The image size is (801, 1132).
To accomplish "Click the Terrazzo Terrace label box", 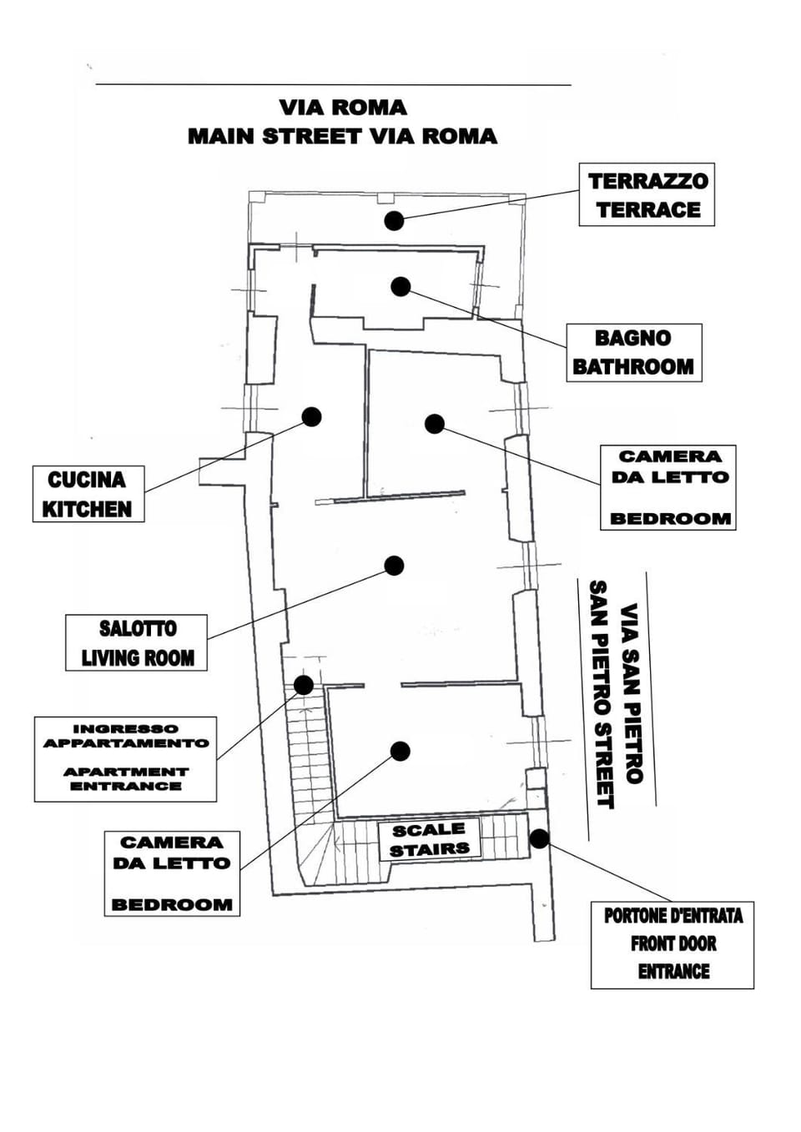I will click(x=647, y=194).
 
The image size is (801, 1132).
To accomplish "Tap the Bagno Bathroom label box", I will click(x=633, y=353).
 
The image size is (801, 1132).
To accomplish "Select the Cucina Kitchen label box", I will click(x=88, y=494).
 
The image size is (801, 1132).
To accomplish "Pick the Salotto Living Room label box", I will click(x=136, y=642).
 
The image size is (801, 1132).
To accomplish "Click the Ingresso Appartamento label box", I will click(x=125, y=758).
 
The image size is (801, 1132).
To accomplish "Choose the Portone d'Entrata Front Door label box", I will click(x=672, y=944).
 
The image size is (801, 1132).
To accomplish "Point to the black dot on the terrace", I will click(x=394, y=220).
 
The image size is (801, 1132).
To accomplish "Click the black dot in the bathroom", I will click(x=400, y=286).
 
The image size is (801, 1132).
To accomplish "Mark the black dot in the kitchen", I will click(x=311, y=416).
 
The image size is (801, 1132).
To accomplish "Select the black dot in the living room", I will click(x=394, y=566).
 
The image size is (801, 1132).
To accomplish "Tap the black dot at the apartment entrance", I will click(x=304, y=686).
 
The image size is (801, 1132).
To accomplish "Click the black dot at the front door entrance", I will click(x=539, y=838).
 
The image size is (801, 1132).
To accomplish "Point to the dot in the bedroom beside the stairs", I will click(x=400, y=751).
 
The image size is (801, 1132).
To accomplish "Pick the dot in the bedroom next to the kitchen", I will click(x=434, y=424).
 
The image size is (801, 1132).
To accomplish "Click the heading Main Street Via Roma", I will click(x=342, y=136).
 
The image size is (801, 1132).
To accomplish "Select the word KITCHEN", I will click(x=88, y=509).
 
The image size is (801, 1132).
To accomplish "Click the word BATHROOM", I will click(x=633, y=367).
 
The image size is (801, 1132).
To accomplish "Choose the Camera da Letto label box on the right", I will click(x=667, y=487).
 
